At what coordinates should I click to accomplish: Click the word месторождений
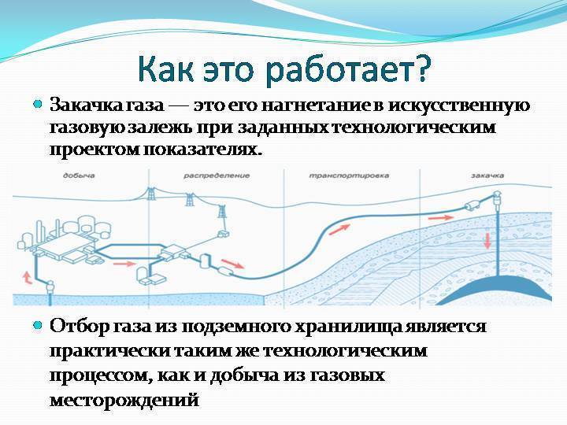[124, 400]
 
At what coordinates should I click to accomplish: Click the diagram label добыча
[79, 176]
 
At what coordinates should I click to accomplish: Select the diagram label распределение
[217, 176]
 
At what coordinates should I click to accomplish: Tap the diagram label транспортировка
[349, 176]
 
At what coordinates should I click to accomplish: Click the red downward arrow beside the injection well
[487, 241]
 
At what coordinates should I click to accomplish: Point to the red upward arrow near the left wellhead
[28, 277]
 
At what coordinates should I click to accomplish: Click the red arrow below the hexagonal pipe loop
[124, 264]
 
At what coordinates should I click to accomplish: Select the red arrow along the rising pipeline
[339, 230]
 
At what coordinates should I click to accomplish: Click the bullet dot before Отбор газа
[37, 325]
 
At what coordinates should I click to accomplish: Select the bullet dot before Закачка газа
[37, 105]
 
